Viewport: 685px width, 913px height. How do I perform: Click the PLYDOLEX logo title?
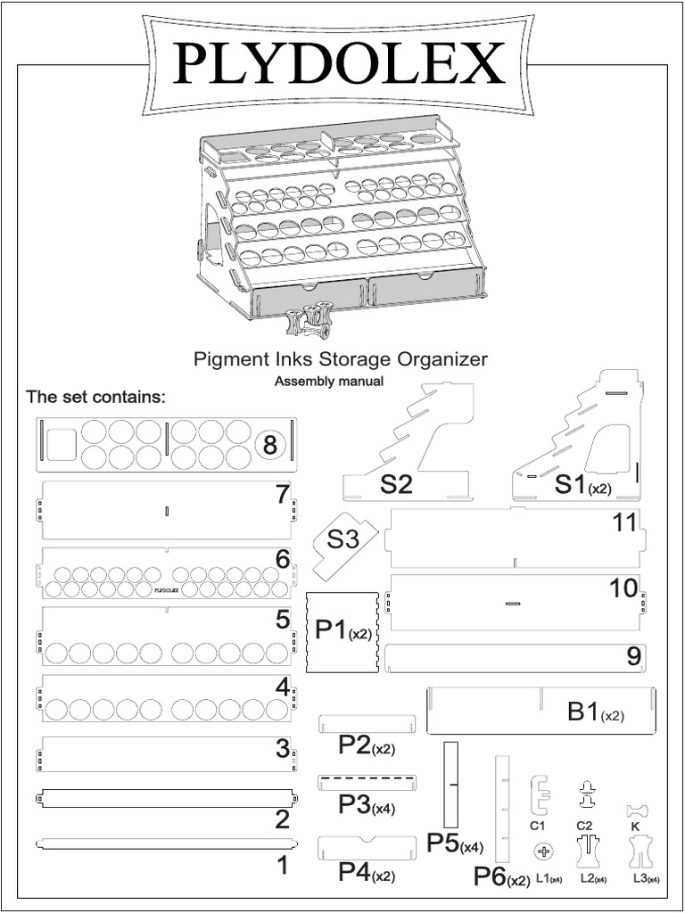coord(340,63)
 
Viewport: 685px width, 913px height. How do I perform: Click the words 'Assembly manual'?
coord(328,382)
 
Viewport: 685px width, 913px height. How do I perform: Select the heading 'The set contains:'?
coord(96,397)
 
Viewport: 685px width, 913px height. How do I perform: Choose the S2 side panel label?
coord(396,485)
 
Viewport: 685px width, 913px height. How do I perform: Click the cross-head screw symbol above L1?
coord(543,852)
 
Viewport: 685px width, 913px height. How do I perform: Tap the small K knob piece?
coord(636,810)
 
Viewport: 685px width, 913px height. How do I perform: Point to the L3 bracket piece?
coord(641,852)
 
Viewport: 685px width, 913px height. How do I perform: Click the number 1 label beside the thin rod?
coord(282,865)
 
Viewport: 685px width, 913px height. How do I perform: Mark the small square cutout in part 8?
coord(60,445)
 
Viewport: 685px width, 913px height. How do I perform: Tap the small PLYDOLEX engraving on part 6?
coord(167,589)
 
